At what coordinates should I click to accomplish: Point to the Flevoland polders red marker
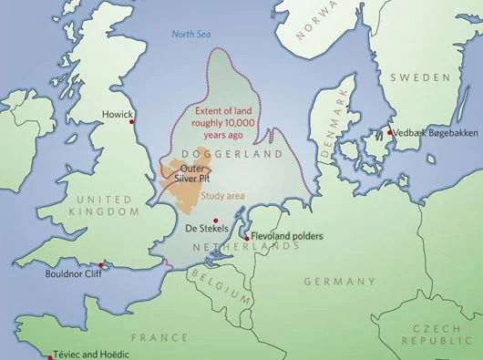point(246,238)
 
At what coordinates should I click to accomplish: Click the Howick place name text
point(118,116)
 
